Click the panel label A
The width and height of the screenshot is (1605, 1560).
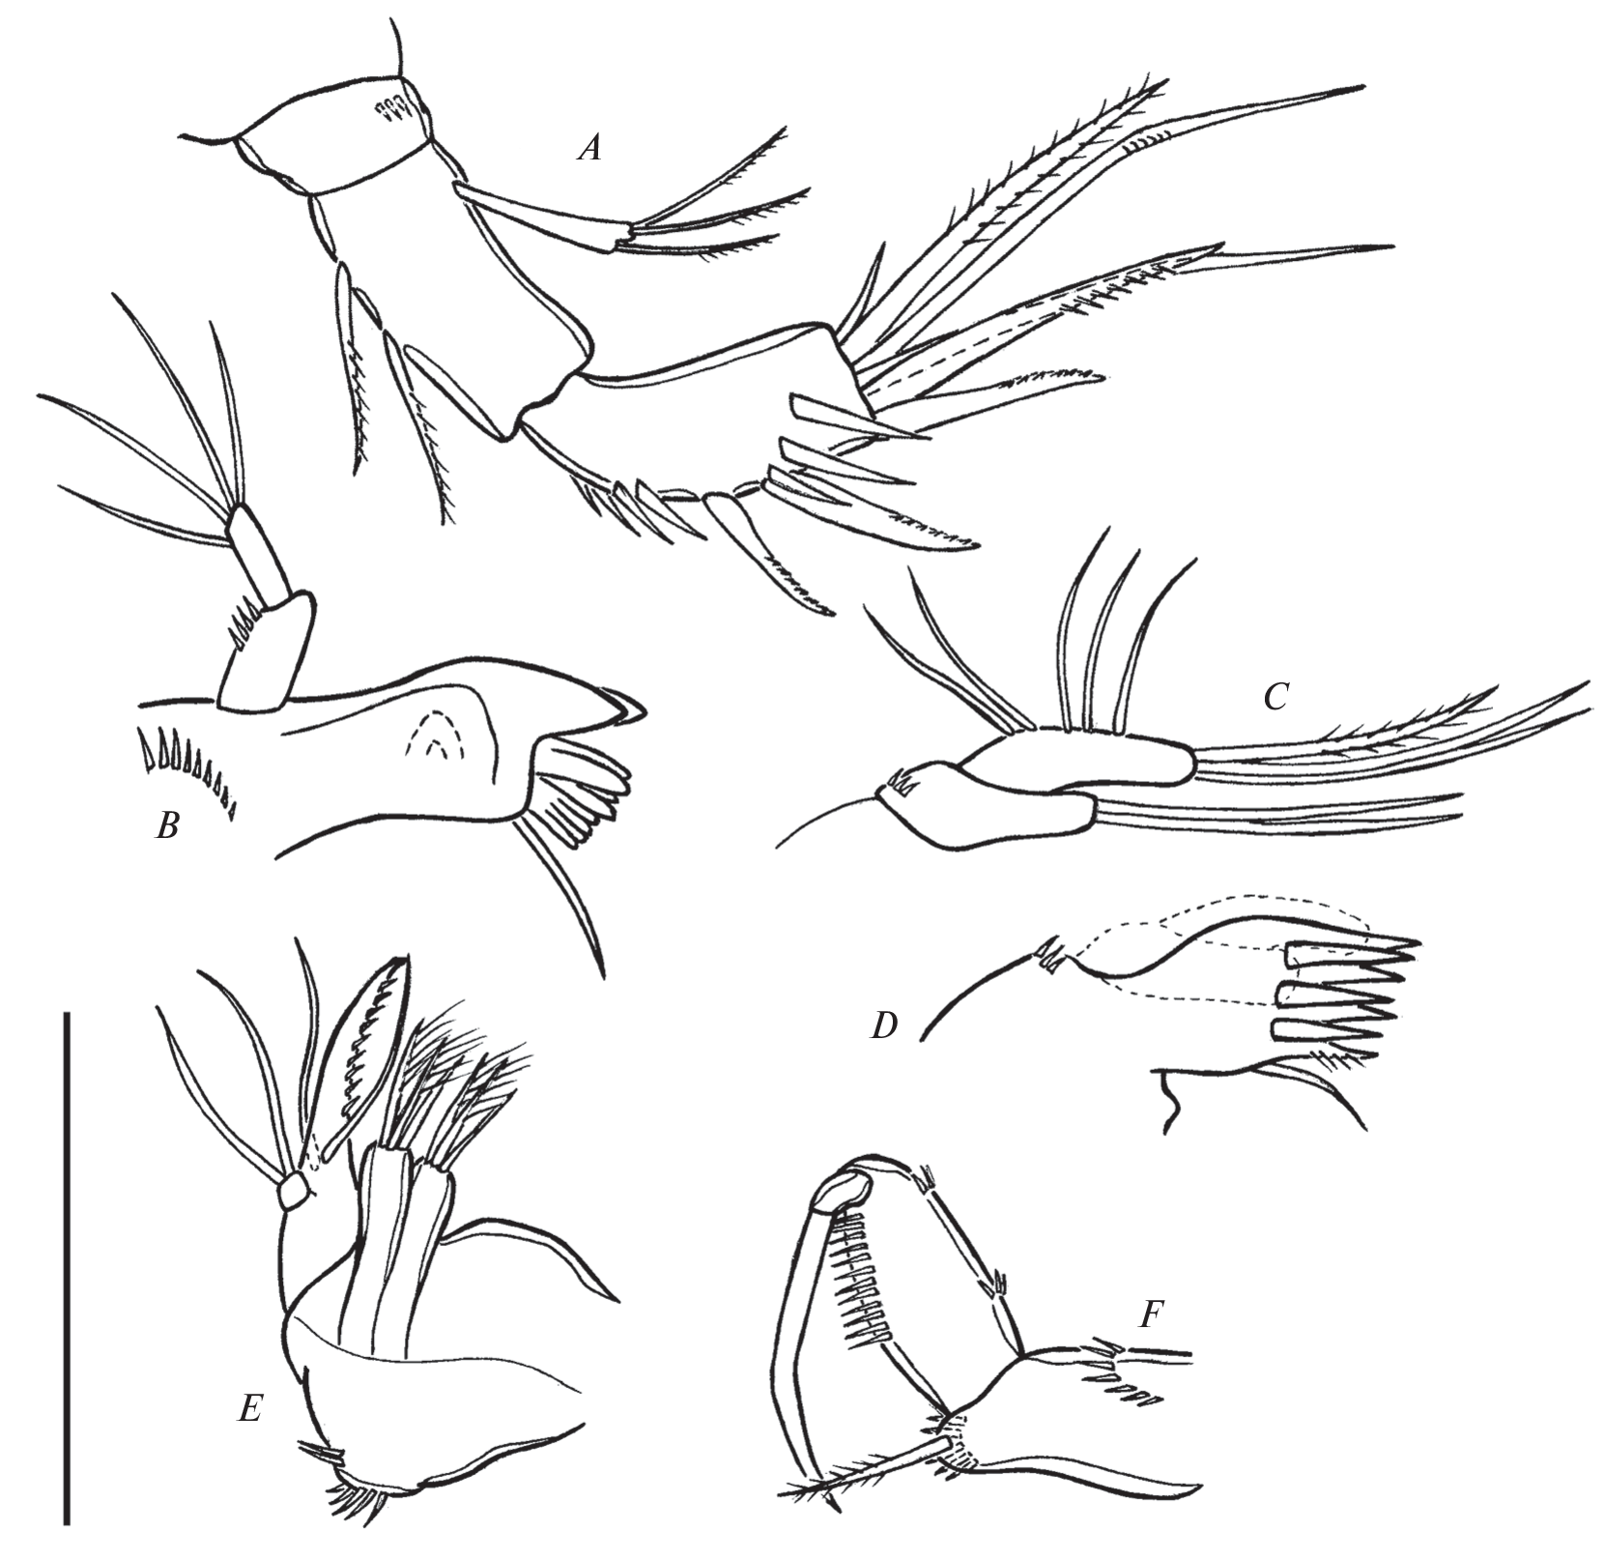(x=589, y=148)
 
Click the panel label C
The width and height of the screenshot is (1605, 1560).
(x=1275, y=696)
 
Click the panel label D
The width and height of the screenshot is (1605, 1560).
(x=884, y=1026)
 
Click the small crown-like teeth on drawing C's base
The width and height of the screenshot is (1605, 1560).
(x=901, y=778)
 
